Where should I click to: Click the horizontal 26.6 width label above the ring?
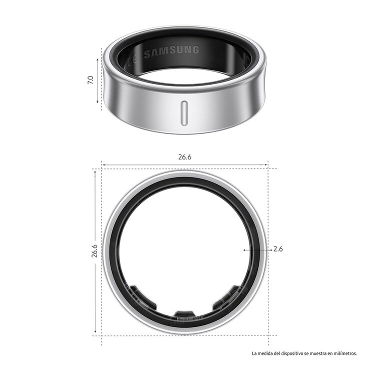(184, 156)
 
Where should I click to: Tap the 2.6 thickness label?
(278, 249)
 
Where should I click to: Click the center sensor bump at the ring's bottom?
(184, 314)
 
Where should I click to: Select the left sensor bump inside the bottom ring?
(138, 295)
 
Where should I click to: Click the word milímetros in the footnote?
(344, 353)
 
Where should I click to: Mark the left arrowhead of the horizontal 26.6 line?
(103, 164)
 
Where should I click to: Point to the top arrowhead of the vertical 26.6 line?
(95, 171)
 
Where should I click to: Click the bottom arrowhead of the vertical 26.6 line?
(95, 332)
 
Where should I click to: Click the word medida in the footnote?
(264, 353)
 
